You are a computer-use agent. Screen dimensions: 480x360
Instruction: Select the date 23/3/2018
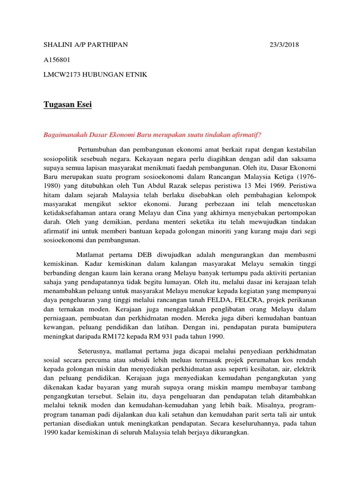284,45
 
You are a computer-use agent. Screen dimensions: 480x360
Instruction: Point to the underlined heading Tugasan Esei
67,105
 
